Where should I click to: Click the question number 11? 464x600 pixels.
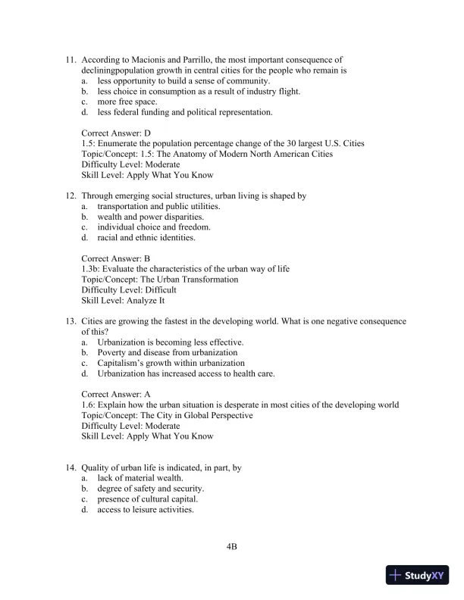tap(71, 58)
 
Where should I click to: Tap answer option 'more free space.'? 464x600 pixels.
tap(127, 102)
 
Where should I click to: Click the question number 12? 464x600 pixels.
tap(71, 195)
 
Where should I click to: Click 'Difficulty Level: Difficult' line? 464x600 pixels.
tap(129, 289)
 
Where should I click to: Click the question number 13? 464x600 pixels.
tap(71, 321)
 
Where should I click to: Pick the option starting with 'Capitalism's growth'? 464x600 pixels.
tap(171, 363)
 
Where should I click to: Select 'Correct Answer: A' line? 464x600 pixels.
tap(116, 394)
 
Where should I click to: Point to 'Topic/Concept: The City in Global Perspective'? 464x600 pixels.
tap(167, 415)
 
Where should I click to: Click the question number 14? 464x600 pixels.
tap(71, 468)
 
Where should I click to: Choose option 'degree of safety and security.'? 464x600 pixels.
tap(150, 489)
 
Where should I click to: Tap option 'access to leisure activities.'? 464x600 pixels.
tap(146, 510)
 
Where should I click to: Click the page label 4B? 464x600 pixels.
tap(232, 545)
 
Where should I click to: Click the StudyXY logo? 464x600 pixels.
tap(418, 575)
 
